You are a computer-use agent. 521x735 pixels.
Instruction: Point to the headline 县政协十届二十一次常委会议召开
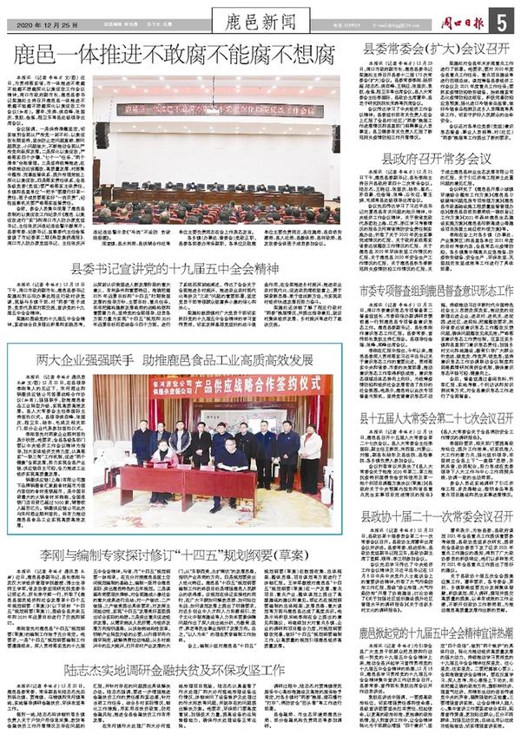tap(436, 515)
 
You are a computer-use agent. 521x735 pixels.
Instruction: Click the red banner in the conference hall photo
tap(217, 110)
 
